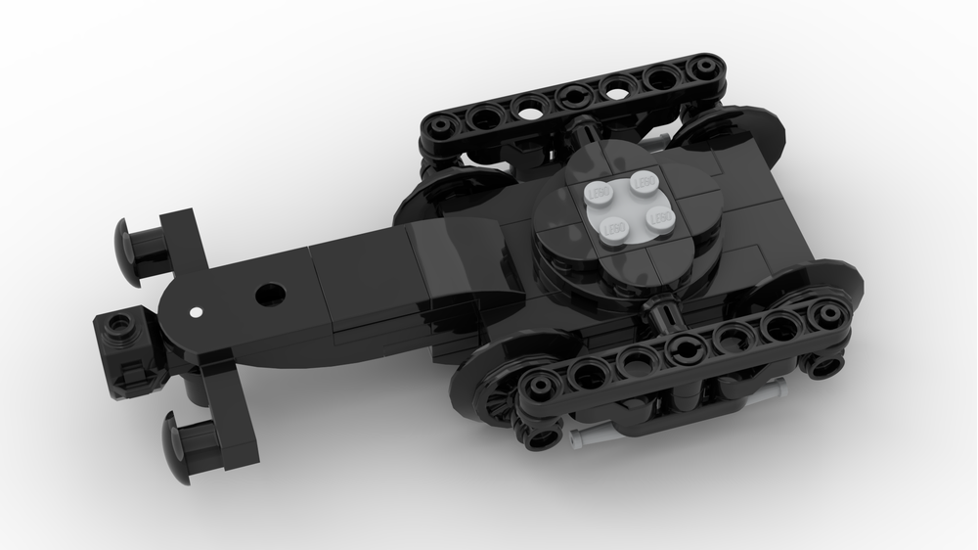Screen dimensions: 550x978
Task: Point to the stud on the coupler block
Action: (120, 323)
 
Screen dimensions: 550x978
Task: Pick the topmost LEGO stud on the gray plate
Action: (644, 182)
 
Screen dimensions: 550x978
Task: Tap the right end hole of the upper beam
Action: (700, 69)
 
